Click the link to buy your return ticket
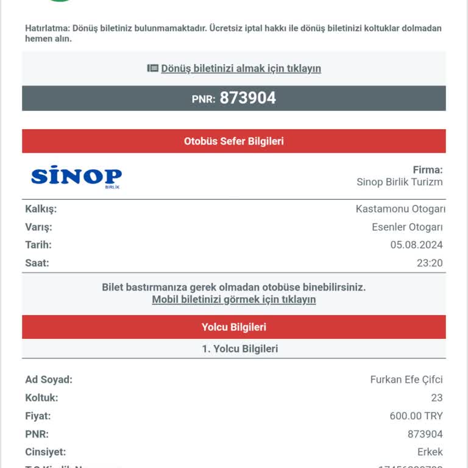[x=241, y=68]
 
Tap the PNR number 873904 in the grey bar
[x=247, y=98]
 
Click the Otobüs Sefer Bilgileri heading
[x=234, y=141]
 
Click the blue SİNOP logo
[x=76, y=177]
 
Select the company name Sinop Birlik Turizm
[x=399, y=182]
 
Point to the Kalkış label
[x=41, y=209]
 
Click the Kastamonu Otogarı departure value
[x=400, y=209]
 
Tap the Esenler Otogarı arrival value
[x=407, y=227]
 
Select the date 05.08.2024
[x=416, y=245]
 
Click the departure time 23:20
[x=429, y=263]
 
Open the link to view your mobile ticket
[x=234, y=300]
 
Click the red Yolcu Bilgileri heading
[x=234, y=327]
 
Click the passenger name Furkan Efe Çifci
[x=406, y=380]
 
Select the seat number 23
[x=436, y=398]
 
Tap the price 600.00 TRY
[x=416, y=416]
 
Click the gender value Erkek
[x=430, y=452]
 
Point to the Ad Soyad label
[x=49, y=380]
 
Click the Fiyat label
[x=38, y=416]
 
